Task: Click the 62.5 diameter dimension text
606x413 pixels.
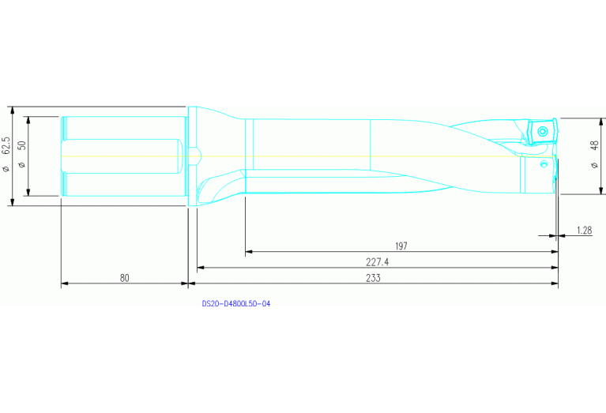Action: point(6,145)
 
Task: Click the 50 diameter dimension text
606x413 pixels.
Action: point(22,146)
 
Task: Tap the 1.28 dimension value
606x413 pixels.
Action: point(584,230)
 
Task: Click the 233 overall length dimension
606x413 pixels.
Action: point(374,278)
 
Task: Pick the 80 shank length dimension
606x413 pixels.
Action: point(125,278)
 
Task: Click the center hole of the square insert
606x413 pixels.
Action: point(543,129)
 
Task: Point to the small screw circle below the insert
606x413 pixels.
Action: point(544,164)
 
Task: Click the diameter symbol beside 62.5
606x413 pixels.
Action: point(6,168)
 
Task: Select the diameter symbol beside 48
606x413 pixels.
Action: point(593,164)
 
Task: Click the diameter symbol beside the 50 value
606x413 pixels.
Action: point(22,164)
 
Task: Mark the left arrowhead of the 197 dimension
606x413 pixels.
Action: point(248,252)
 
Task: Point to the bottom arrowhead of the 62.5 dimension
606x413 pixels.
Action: point(13,202)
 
